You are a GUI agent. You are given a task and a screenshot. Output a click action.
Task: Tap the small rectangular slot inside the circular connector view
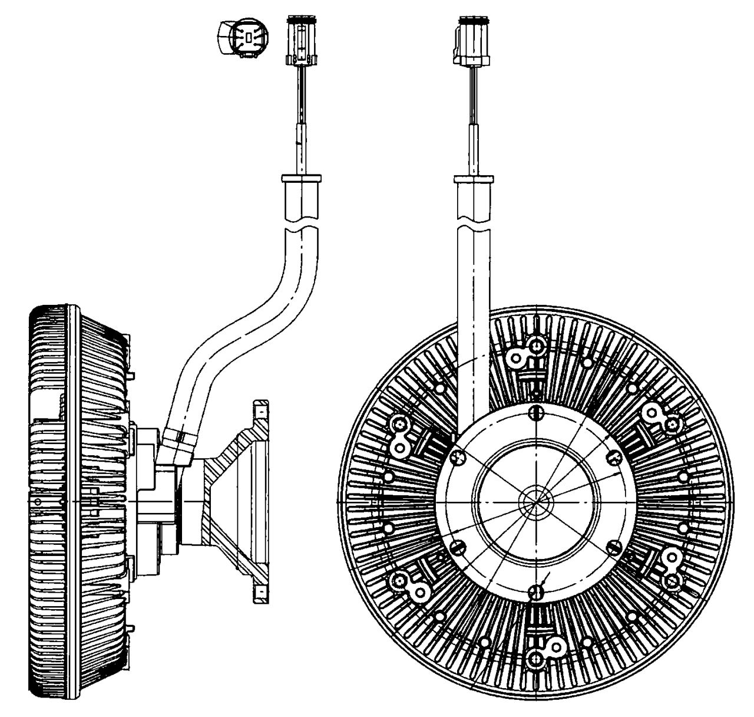pos(249,38)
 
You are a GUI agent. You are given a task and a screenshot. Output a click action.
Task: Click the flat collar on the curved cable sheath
pos(301,177)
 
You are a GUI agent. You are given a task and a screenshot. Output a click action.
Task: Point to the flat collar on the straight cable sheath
pos(474,177)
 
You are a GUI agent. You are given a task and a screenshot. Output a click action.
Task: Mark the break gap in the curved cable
pos(301,228)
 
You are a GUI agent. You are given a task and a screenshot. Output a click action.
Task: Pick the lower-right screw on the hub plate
pos(613,545)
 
